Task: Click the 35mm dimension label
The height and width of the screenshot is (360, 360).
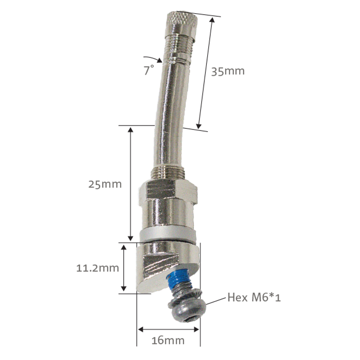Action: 228,71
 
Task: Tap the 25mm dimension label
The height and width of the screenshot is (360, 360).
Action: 105,184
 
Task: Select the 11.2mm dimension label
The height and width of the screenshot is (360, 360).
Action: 98,268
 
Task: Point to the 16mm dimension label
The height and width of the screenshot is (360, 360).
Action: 168,340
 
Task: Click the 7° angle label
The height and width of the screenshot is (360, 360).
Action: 149,71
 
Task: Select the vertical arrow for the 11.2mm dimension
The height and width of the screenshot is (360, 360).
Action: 124,268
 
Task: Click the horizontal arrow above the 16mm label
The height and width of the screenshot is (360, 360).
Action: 168,329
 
